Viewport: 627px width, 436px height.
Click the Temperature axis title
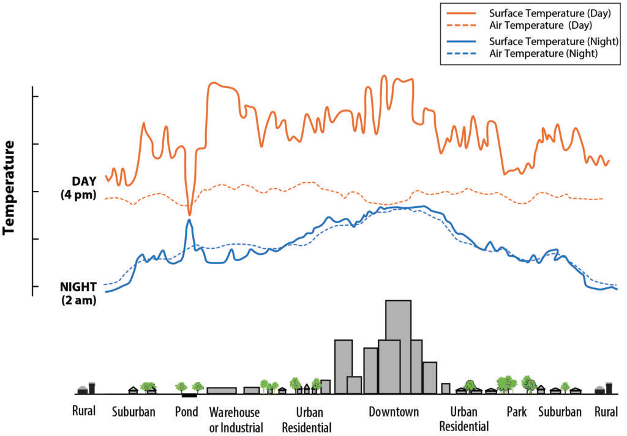click(x=10, y=188)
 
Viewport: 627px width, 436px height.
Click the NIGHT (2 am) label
click(x=79, y=294)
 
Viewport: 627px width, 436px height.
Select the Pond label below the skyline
click(x=187, y=412)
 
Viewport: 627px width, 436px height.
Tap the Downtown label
click(x=394, y=412)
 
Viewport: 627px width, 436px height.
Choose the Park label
click(x=516, y=412)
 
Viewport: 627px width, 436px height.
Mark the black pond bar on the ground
click(x=189, y=396)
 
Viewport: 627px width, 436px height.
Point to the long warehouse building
click(x=222, y=390)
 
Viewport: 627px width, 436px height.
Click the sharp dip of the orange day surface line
click(x=190, y=214)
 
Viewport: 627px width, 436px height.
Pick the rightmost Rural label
click(x=606, y=412)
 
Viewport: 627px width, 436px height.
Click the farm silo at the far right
click(x=609, y=388)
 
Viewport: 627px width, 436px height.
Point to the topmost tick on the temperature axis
click(x=35, y=97)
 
